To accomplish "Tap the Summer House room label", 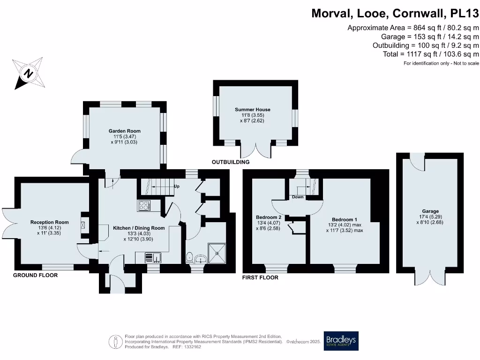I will pyautogui.click(x=253, y=110).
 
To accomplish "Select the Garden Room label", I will pyautogui.click(x=124, y=131).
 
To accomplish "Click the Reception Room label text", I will pyautogui.click(x=50, y=222).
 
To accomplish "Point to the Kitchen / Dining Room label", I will pyautogui.click(x=139, y=228).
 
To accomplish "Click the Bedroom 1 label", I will pyautogui.click(x=345, y=219).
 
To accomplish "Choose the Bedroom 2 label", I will pyautogui.click(x=269, y=217).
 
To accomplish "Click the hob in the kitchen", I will pyautogui.click(x=143, y=205).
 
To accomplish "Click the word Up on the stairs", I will pyautogui.click(x=177, y=186).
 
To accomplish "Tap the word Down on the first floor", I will pyautogui.click(x=298, y=197).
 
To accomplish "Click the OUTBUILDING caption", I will pyautogui.click(x=230, y=162).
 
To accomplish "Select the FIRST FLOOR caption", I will pyautogui.click(x=260, y=277).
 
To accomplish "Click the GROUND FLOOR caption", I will pyautogui.click(x=35, y=275).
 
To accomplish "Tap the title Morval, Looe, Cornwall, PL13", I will pyautogui.click(x=395, y=14).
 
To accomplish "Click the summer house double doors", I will pyautogui.click(x=256, y=149).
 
